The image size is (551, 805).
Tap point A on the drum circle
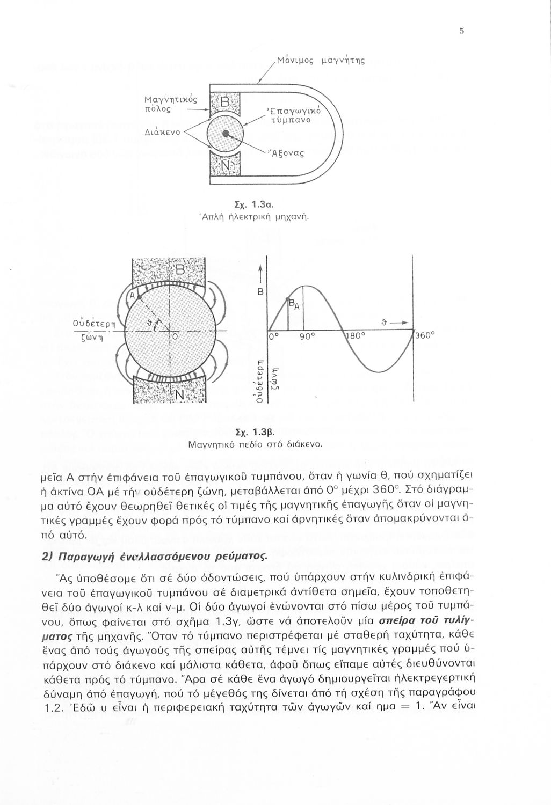coord(139,296)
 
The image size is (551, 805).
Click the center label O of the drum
coord(174,337)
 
